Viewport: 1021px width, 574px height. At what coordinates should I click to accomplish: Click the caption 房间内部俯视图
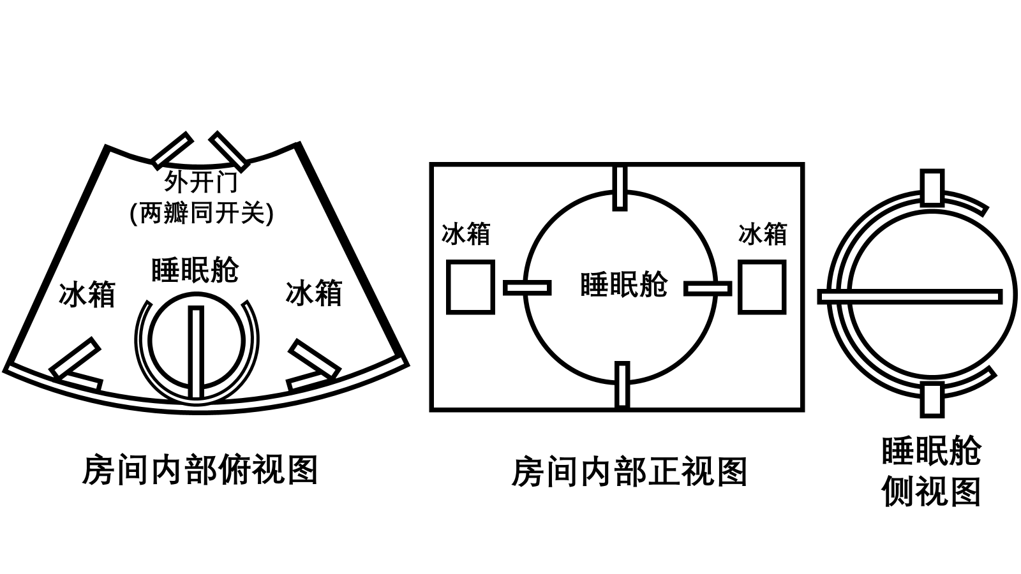pyautogui.click(x=200, y=471)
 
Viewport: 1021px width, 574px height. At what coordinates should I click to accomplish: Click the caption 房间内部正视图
pyautogui.click(x=629, y=472)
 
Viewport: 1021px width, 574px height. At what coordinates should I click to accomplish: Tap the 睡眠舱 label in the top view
pyautogui.click(x=195, y=270)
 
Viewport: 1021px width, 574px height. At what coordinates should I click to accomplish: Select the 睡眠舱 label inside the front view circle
pyautogui.click(x=623, y=284)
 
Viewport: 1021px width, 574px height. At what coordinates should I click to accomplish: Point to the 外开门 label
pyautogui.click(x=201, y=182)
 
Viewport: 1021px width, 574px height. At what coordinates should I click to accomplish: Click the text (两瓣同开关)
pyautogui.click(x=201, y=213)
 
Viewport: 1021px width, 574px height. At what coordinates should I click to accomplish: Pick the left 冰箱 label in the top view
pyautogui.click(x=87, y=295)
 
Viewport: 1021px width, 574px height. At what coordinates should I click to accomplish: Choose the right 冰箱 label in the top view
pyautogui.click(x=313, y=293)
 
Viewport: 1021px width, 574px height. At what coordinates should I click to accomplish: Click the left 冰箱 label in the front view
pyautogui.click(x=466, y=234)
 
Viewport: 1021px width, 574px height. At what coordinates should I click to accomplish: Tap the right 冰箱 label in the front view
pyautogui.click(x=763, y=234)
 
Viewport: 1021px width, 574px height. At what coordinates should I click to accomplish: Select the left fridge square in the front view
pyautogui.click(x=470, y=287)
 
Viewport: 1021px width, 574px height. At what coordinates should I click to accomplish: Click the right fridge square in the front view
pyautogui.click(x=762, y=287)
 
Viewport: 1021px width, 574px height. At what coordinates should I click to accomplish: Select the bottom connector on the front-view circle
pyautogui.click(x=622, y=384)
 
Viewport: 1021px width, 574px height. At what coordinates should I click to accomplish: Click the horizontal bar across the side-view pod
pyautogui.click(x=910, y=297)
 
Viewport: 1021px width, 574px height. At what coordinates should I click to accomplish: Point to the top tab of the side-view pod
pyautogui.click(x=932, y=188)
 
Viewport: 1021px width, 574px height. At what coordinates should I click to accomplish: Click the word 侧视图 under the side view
pyautogui.click(x=931, y=492)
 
